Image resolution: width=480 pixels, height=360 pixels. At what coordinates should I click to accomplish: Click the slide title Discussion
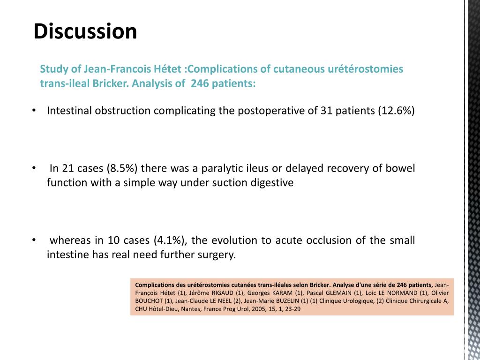(x=85, y=31)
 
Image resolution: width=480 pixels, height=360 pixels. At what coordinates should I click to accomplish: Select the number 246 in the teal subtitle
(x=200, y=84)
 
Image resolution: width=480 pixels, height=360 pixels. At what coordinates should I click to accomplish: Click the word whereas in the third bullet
(x=70, y=240)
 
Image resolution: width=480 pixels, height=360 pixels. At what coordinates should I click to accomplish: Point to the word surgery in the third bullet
(x=218, y=255)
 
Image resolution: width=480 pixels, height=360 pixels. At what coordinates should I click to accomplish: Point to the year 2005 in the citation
(x=252, y=309)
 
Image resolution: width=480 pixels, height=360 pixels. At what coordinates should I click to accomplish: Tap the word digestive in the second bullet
(x=273, y=183)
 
